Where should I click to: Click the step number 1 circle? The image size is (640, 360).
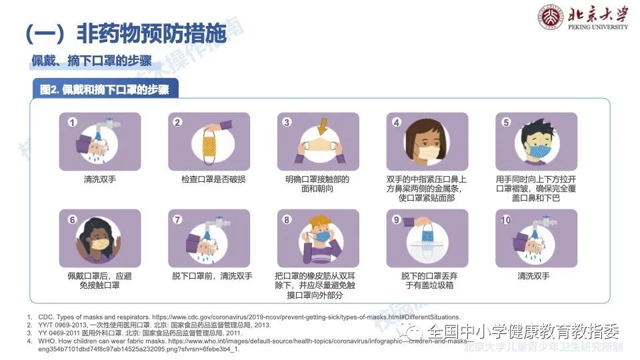coord(73,123)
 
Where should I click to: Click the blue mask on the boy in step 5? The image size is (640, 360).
coord(537,149)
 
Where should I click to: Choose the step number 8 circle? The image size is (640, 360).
coord(287,220)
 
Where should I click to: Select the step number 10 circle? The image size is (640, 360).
coord(505,220)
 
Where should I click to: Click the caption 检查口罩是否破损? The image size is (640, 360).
coord(209,179)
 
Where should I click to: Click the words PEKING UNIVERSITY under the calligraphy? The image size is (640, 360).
coord(598,27)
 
